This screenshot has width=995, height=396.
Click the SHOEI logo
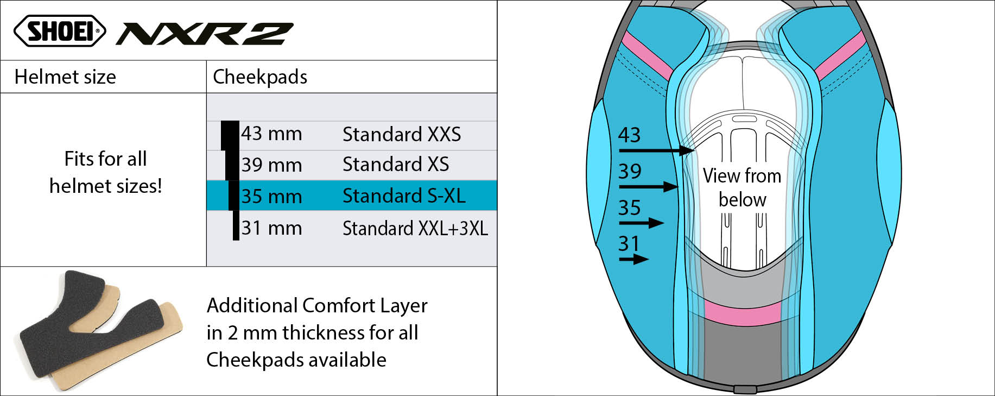[x=60, y=31]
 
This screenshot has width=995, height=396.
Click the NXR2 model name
[x=205, y=34]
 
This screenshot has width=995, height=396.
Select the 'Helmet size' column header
[x=65, y=77]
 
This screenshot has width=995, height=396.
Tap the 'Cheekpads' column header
[x=260, y=77]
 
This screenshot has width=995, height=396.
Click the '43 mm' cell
[x=271, y=134]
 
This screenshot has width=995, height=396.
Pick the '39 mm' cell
[x=271, y=165]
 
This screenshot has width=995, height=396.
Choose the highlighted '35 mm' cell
[x=271, y=196]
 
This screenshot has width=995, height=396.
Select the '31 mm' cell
[x=271, y=228]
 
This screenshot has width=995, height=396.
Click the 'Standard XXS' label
[x=402, y=134]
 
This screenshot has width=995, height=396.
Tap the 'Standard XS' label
[x=396, y=165]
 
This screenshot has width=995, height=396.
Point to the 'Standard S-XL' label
[x=404, y=196]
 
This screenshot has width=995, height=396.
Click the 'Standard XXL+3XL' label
[x=415, y=228]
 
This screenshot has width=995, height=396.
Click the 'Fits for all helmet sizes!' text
[x=105, y=172]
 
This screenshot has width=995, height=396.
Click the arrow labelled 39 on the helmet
[x=649, y=187]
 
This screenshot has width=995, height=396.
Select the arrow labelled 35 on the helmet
[x=641, y=223]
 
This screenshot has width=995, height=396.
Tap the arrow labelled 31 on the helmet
[x=634, y=259]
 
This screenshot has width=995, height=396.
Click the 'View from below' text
[x=742, y=187]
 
